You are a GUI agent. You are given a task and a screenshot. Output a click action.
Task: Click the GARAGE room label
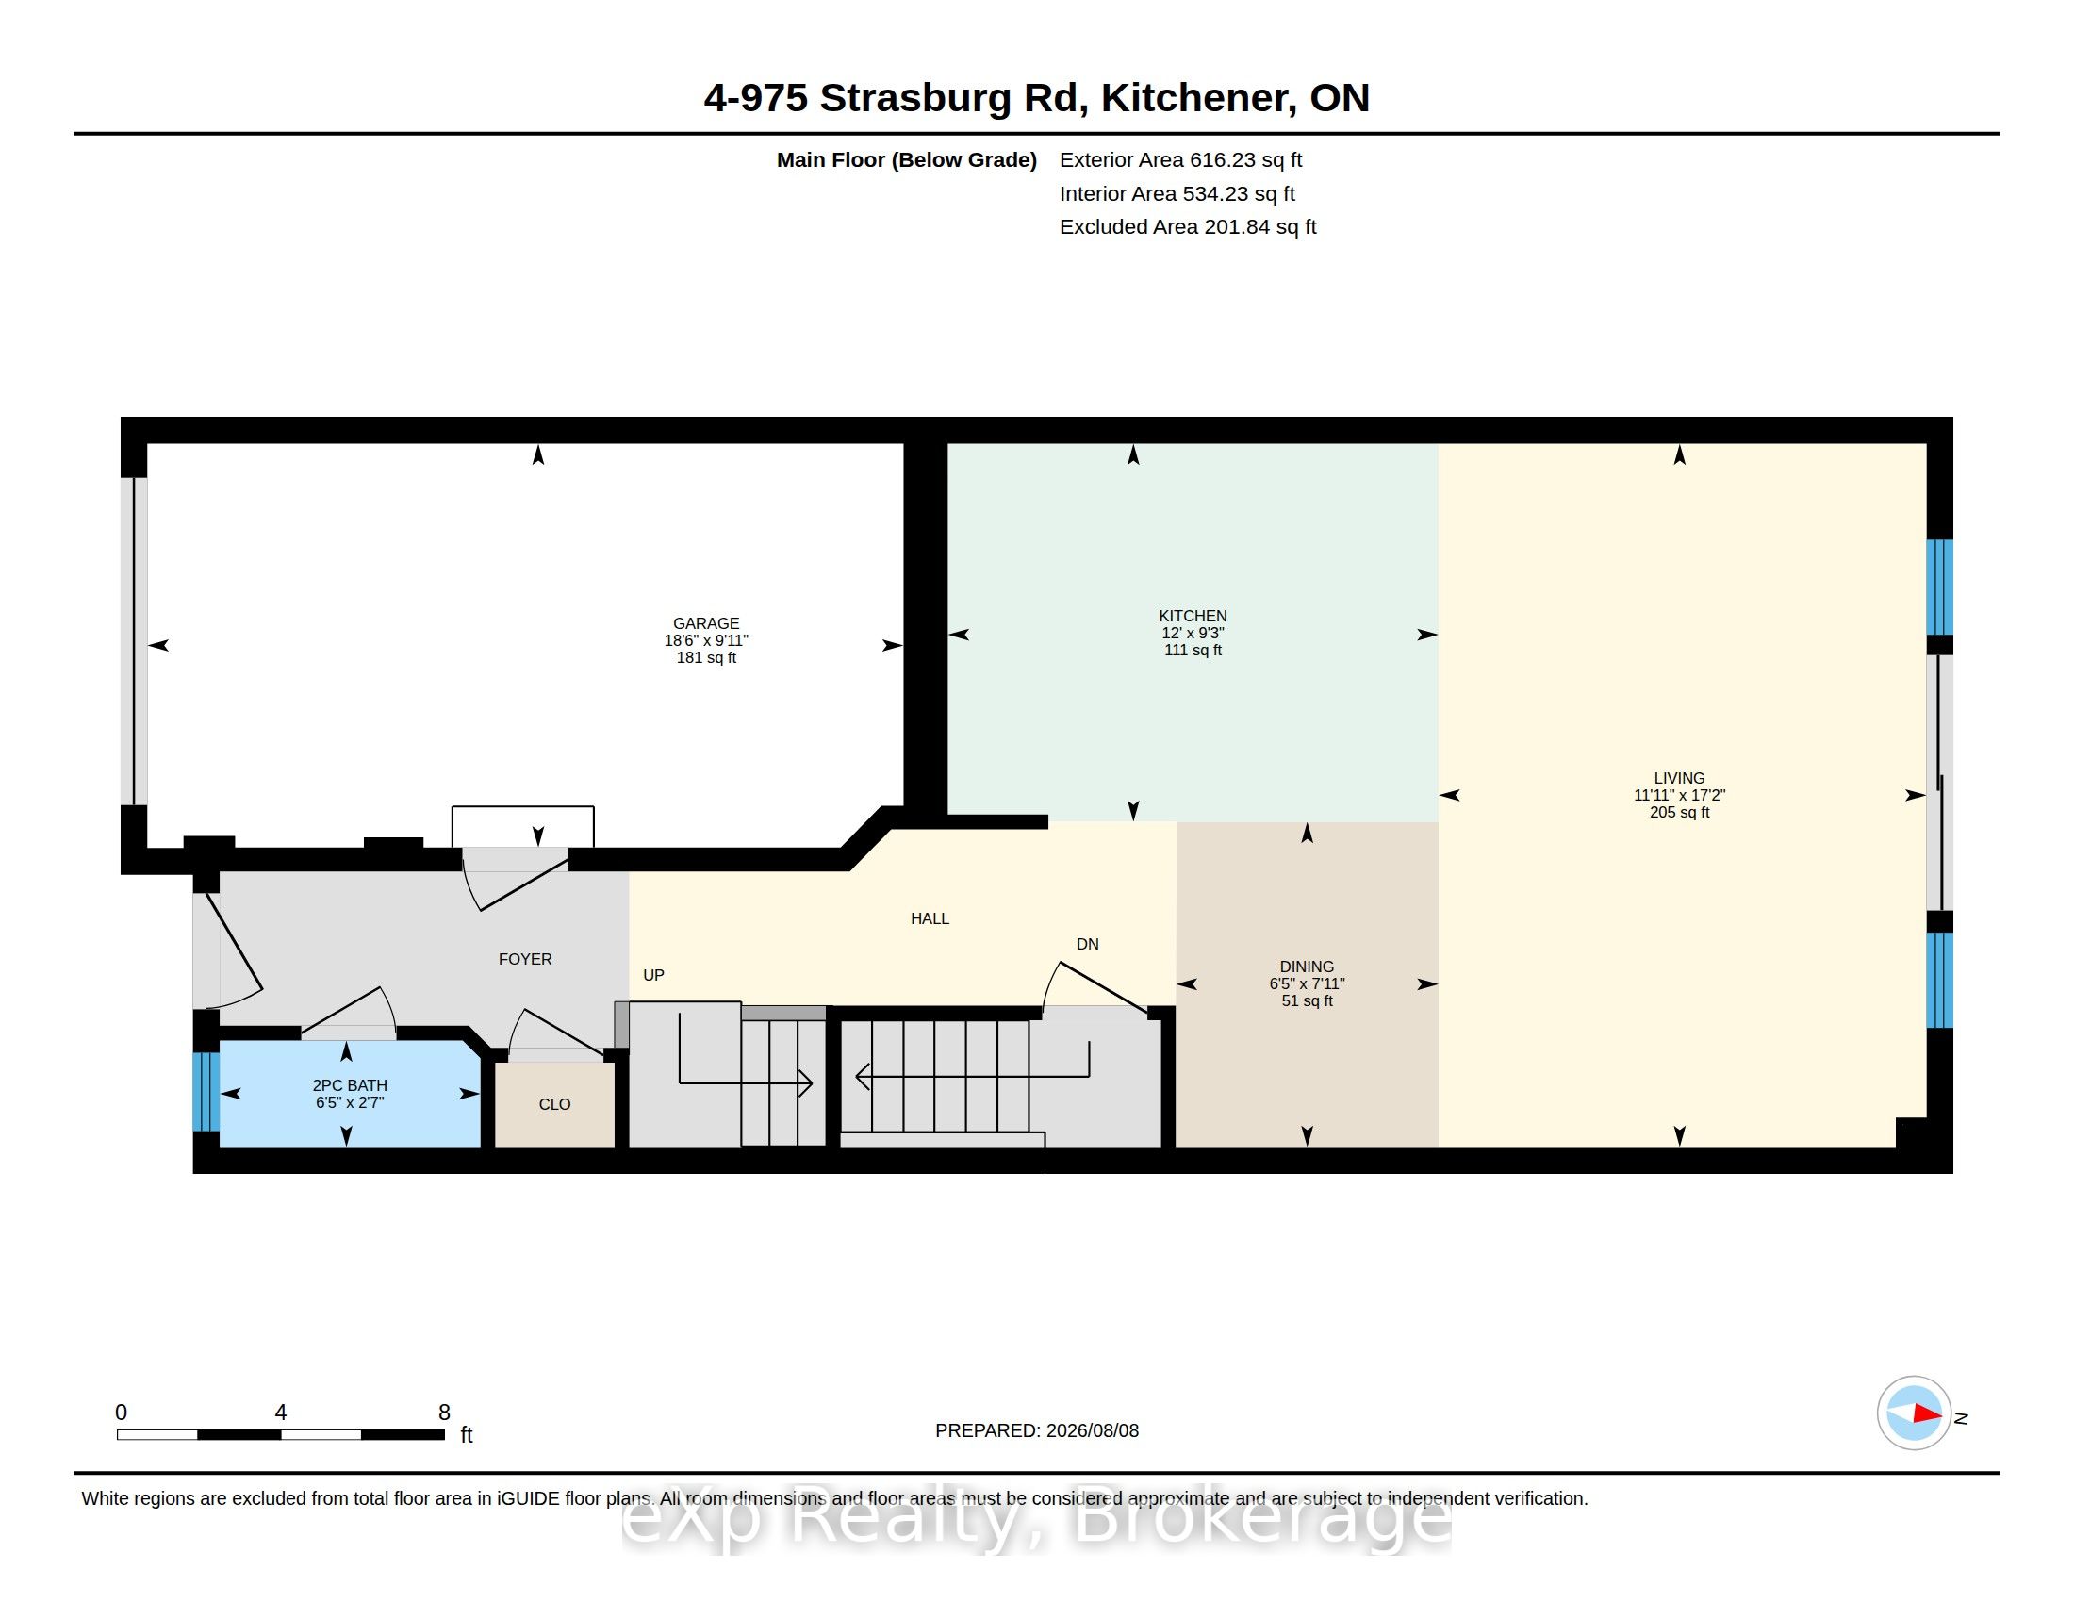tap(705, 623)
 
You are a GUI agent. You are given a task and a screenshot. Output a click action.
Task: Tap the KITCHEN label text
tap(1193, 616)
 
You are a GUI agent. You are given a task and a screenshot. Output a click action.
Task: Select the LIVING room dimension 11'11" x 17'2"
tap(1679, 795)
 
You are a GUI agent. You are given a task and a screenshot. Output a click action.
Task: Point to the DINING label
tap(1307, 967)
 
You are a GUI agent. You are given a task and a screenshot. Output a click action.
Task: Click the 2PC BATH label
tap(350, 1085)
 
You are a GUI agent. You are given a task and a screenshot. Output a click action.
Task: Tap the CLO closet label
tap(554, 1104)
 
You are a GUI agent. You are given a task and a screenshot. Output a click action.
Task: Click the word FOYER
tap(525, 959)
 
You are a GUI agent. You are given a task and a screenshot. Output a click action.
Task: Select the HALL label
tap(930, 918)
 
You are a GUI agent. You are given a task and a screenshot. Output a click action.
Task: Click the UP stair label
tap(653, 975)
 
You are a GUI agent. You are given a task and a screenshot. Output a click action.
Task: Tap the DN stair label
tap(1087, 944)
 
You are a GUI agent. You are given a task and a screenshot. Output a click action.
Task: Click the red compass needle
tap(1927, 1414)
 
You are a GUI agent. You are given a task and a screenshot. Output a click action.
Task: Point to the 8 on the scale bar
tap(443, 1413)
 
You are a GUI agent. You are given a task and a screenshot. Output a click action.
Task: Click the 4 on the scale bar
tap(280, 1413)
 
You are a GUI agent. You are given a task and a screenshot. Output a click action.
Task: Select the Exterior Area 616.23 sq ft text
tap(1180, 160)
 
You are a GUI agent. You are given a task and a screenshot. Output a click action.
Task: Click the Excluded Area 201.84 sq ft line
tap(1188, 227)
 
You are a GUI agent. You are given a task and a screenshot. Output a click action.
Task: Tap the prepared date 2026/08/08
tap(1092, 1431)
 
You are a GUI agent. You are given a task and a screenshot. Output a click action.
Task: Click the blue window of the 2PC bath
tap(206, 1092)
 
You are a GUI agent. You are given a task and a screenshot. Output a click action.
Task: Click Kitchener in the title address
tap(1198, 98)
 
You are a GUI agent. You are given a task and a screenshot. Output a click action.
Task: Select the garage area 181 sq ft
tap(705, 657)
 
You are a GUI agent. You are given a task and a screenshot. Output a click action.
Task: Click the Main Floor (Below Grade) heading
tap(906, 160)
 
